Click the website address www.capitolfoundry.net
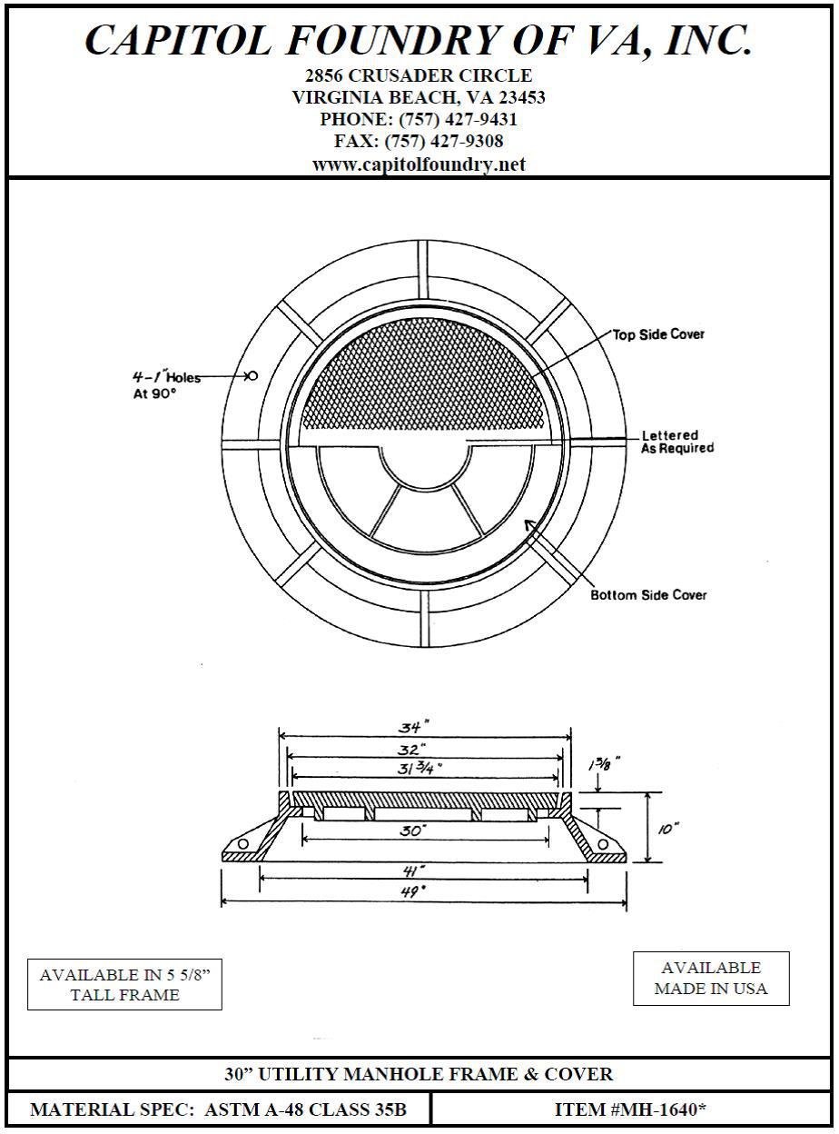pyautogui.click(x=419, y=164)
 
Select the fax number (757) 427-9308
pyautogui.click(x=444, y=142)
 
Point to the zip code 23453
pyautogui.click(x=513, y=97)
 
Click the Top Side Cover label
pyautogui.click(x=658, y=334)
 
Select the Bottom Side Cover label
pyautogui.click(x=648, y=595)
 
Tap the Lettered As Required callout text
pyautogui.click(x=677, y=442)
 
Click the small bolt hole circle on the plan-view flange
pyautogui.click(x=253, y=375)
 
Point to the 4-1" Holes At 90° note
pyautogui.click(x=166, y=384)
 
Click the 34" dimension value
pyautogui.click(x=413, y=726)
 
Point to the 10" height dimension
pyautogui.click(x=669, y=829)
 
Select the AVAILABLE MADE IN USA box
pyautogui.click(x=711, y=978)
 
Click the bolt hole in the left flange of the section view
pyautogui.click(x=243, y=845)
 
